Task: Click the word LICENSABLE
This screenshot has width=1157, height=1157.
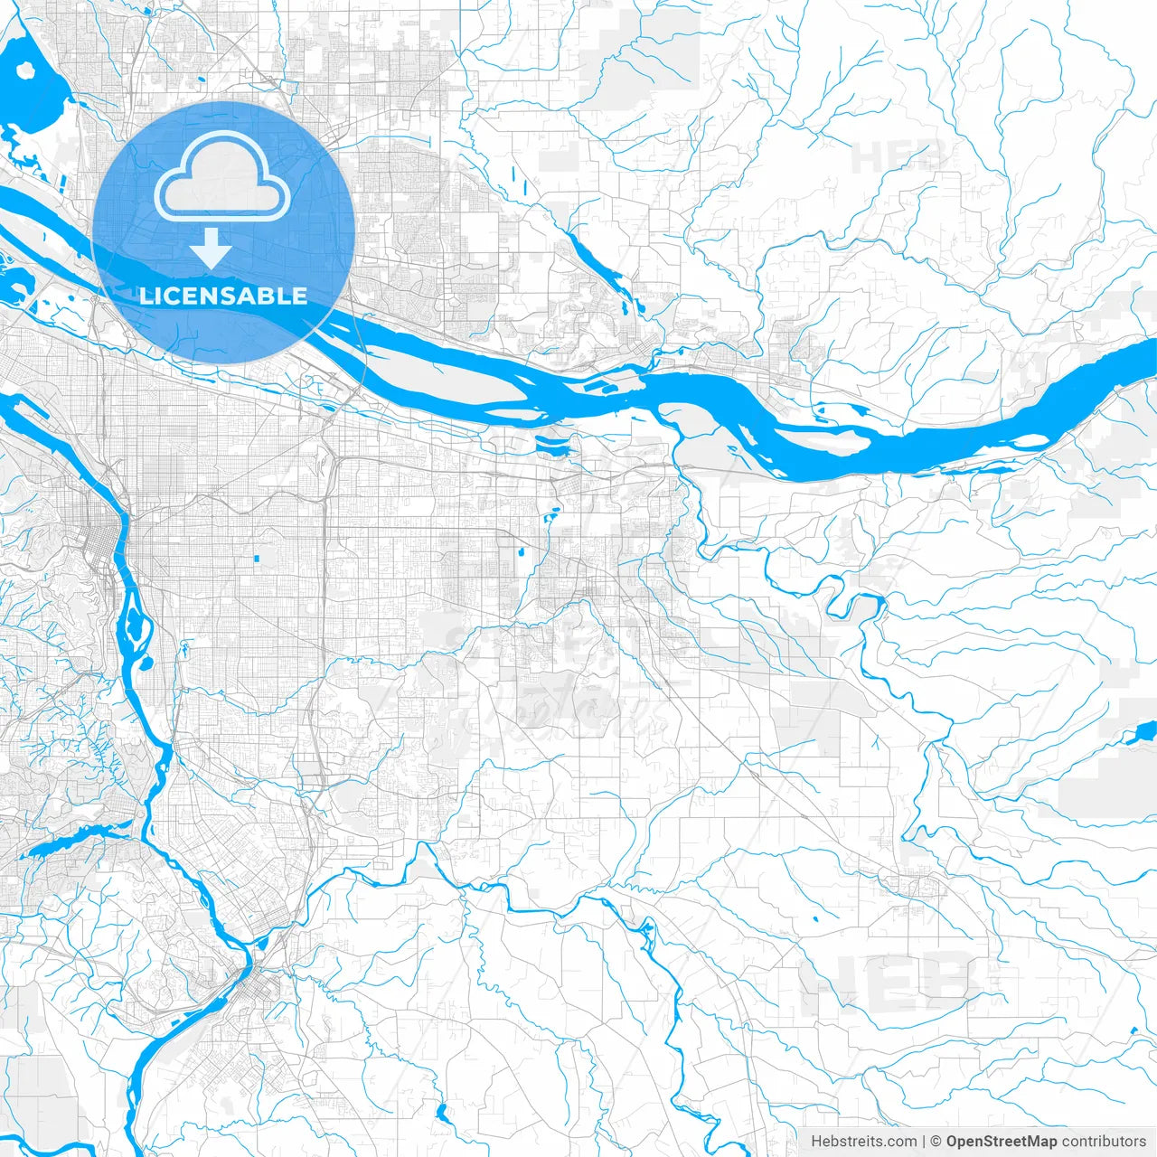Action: (x=223, y=296)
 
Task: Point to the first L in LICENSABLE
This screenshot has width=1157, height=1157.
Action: (x=145, y=296)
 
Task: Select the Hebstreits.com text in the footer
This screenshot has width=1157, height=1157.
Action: (x=863, y=1141)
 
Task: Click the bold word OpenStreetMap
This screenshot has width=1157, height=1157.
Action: (x=1001, y=1141)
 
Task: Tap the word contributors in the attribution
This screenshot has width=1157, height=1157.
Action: (x=1104, y=1141)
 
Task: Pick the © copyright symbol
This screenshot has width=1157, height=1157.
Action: (x=936, y=1141)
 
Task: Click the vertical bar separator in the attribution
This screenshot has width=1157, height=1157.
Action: (x=924, y=1141)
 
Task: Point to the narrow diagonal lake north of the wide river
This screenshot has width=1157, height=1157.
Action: (x=601, y=266)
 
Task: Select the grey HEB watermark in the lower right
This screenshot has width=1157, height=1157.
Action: (x=889, y=980)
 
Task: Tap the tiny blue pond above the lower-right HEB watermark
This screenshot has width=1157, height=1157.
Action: (x=815, y=918)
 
